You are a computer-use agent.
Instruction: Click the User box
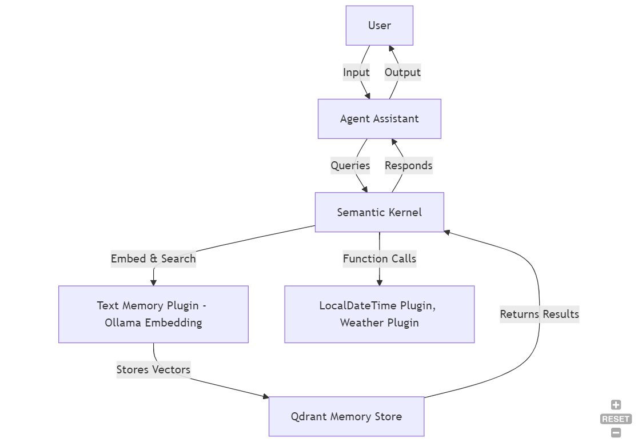(379, 26)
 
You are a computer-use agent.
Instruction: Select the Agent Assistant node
(379, 119)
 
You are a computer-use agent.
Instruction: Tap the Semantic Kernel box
(379, 212)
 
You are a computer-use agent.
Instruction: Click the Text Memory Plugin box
(153, 314)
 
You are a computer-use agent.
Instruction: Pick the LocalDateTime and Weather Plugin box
(379, 314)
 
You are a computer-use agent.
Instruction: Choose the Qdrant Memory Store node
(346, 416)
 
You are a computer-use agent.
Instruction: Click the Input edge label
(356, 73)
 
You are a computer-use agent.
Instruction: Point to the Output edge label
(402, 73)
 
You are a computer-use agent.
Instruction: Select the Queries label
(350, 166)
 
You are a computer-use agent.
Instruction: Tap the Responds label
(408, 166)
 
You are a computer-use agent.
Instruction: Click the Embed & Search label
(153, 258)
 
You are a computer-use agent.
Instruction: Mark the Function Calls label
(380, 258)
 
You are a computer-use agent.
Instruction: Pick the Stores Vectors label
(153, 369)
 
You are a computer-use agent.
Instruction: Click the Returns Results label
(539, 314)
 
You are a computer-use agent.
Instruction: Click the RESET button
(616, 419)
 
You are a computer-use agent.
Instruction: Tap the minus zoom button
(616, 433)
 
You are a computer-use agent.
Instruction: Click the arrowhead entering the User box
(391, 49)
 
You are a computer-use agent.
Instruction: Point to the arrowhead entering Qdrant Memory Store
(265, 396)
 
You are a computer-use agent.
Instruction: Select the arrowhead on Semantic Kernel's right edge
(448, 233)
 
